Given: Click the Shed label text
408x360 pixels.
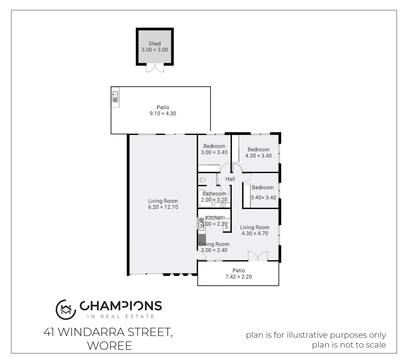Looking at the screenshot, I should click(x=155, y=44).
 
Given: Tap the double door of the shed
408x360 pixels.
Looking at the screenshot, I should click(x=155, y=68).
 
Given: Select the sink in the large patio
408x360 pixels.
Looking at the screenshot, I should click(x=115, y=97).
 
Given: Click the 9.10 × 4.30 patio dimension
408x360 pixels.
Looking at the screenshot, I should click(x=163, y=114).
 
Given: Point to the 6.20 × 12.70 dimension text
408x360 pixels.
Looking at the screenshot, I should click(x=163, y=207).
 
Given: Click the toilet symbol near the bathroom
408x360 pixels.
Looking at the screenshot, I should click(x=202, y=180).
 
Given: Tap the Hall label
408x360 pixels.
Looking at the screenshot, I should click(x=230, y=179).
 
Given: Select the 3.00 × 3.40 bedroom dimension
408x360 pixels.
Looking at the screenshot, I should click(x=214, y=152).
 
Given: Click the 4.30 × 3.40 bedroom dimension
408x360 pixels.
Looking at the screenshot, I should click(x=258, y=156).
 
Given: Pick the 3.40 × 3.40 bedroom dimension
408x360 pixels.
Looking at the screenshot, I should click(x=263, y=197).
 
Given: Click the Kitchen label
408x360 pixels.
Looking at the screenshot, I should click(x=214, y=218).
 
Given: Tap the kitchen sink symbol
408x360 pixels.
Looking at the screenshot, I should click(x=201, y=224).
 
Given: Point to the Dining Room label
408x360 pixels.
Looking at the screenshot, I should click(x=214, y=244).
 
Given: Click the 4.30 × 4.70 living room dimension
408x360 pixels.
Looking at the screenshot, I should click(x=255, y=233).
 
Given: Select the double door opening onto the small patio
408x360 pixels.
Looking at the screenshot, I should click(x=258, y=256).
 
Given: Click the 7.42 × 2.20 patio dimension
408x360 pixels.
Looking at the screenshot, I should click(x=238, y=277).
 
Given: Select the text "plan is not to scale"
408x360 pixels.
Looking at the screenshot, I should click(x=349, y=345).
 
